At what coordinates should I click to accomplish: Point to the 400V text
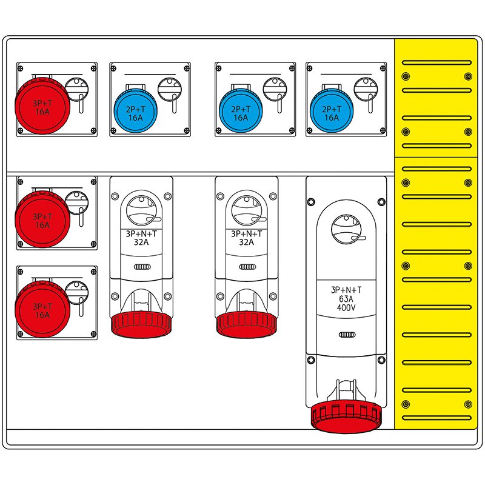(x=346, y=307)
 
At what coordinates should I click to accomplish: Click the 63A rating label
(x=346, y=298)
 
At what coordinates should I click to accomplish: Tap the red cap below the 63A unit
(x=346, y=416)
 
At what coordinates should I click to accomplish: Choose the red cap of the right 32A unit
(x=246, y=324)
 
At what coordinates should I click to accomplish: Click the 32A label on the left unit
(x=141, y=241)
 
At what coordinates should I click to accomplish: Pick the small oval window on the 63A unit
(x=346, y=335)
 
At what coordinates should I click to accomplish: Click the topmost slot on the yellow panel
(x=436, y=62)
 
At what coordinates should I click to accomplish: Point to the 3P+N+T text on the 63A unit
(x=346, y=289)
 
